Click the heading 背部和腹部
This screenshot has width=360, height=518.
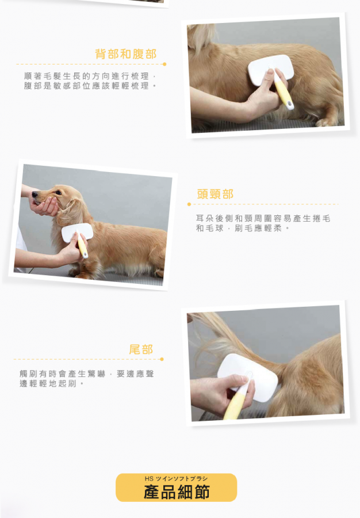pyautogui.click(x=126, y=54)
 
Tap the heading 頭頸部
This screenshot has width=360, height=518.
pyautogui.click(x=215, y=194)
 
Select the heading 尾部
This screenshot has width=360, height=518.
pyautogui.click(x=141, y=349)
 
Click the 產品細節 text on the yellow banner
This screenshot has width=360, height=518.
pyautogui.click(x=177, y=492)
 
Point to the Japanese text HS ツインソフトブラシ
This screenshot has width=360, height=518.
pyautogui.click(x=176, y=478)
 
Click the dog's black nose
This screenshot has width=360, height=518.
pyautogui.click(x=35, y=195)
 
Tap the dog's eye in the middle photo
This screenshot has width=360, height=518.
pyautogui.click(x=58, y=193)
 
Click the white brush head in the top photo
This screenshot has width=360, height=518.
pyautogui.click(x=271, y=70)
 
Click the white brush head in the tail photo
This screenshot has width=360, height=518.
pyautogui.click(x=248, y=376)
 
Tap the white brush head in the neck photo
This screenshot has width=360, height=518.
pyautogui.click(x=77, y=232)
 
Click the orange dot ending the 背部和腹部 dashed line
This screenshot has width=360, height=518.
pyautogui.click(x=164, y=64)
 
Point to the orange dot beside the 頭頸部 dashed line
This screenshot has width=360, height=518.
pyautogui.click(x=189, y=204)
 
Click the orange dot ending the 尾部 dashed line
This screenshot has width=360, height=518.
pyautogui.click(x=162, y=359)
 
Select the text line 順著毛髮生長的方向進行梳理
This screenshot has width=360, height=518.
pyautogui.click(x=86, y=76)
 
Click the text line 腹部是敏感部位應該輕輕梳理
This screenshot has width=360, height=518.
pyautogui.click(x=86, y=86)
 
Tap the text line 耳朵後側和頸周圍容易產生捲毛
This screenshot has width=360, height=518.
pyautogui.click(x=263, y=218)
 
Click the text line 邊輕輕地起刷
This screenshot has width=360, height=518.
pyautogui.click(x=48, y=383)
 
